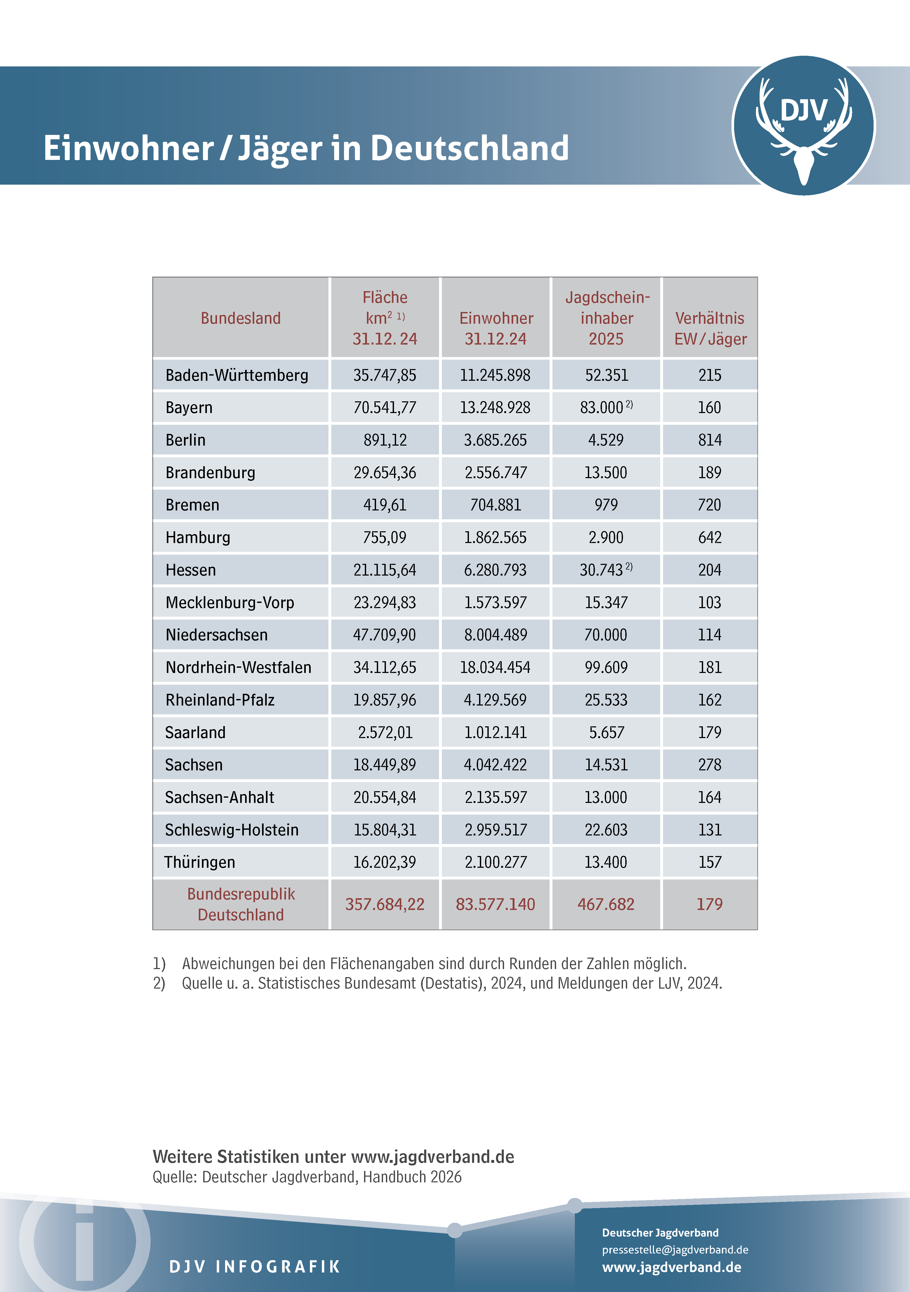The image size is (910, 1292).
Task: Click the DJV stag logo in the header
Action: point(804,126)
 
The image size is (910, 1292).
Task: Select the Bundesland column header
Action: point(241,319)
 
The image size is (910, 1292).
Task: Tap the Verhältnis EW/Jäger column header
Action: point(710,329)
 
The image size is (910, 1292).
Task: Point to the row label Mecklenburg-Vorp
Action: point(230,603)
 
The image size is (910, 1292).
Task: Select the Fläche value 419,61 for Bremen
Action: point(385,505)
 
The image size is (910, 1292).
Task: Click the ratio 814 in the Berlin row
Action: point(710,440)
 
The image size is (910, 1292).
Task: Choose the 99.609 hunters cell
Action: point(606,667)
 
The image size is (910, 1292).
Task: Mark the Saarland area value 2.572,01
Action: point(385,733)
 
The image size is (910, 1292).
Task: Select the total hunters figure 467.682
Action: point(606,904)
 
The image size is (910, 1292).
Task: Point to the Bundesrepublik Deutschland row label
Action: point(241,904)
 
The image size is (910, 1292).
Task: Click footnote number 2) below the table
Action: point(159,983)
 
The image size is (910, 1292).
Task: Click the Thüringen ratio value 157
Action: point(710,862)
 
